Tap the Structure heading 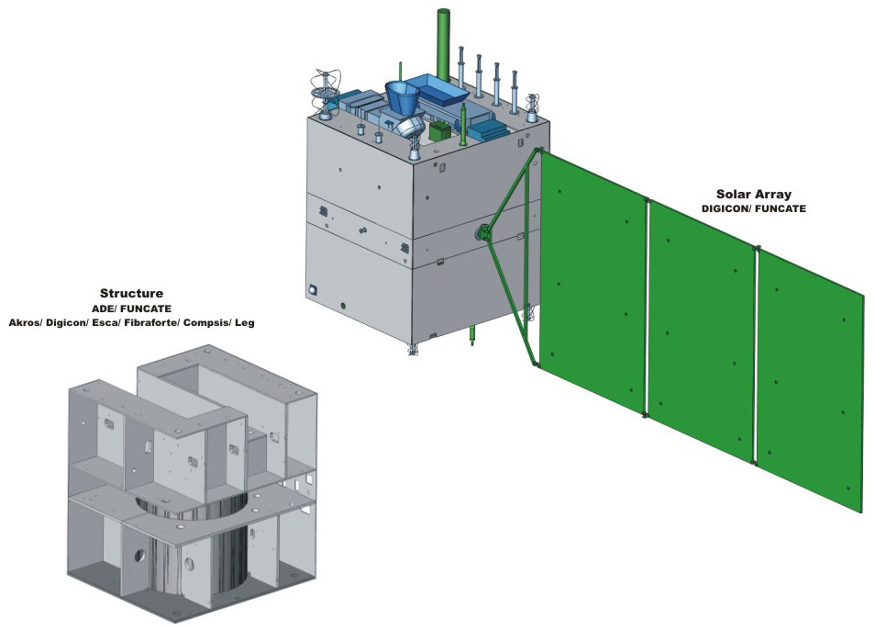click(132, 295)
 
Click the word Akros click(28, 322)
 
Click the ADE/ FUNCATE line click(132, 309)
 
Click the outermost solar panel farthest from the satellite click(809, 376)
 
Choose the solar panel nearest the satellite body click(593, 280)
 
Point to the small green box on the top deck click(439, 132)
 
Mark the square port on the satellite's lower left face click(314, 288)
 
